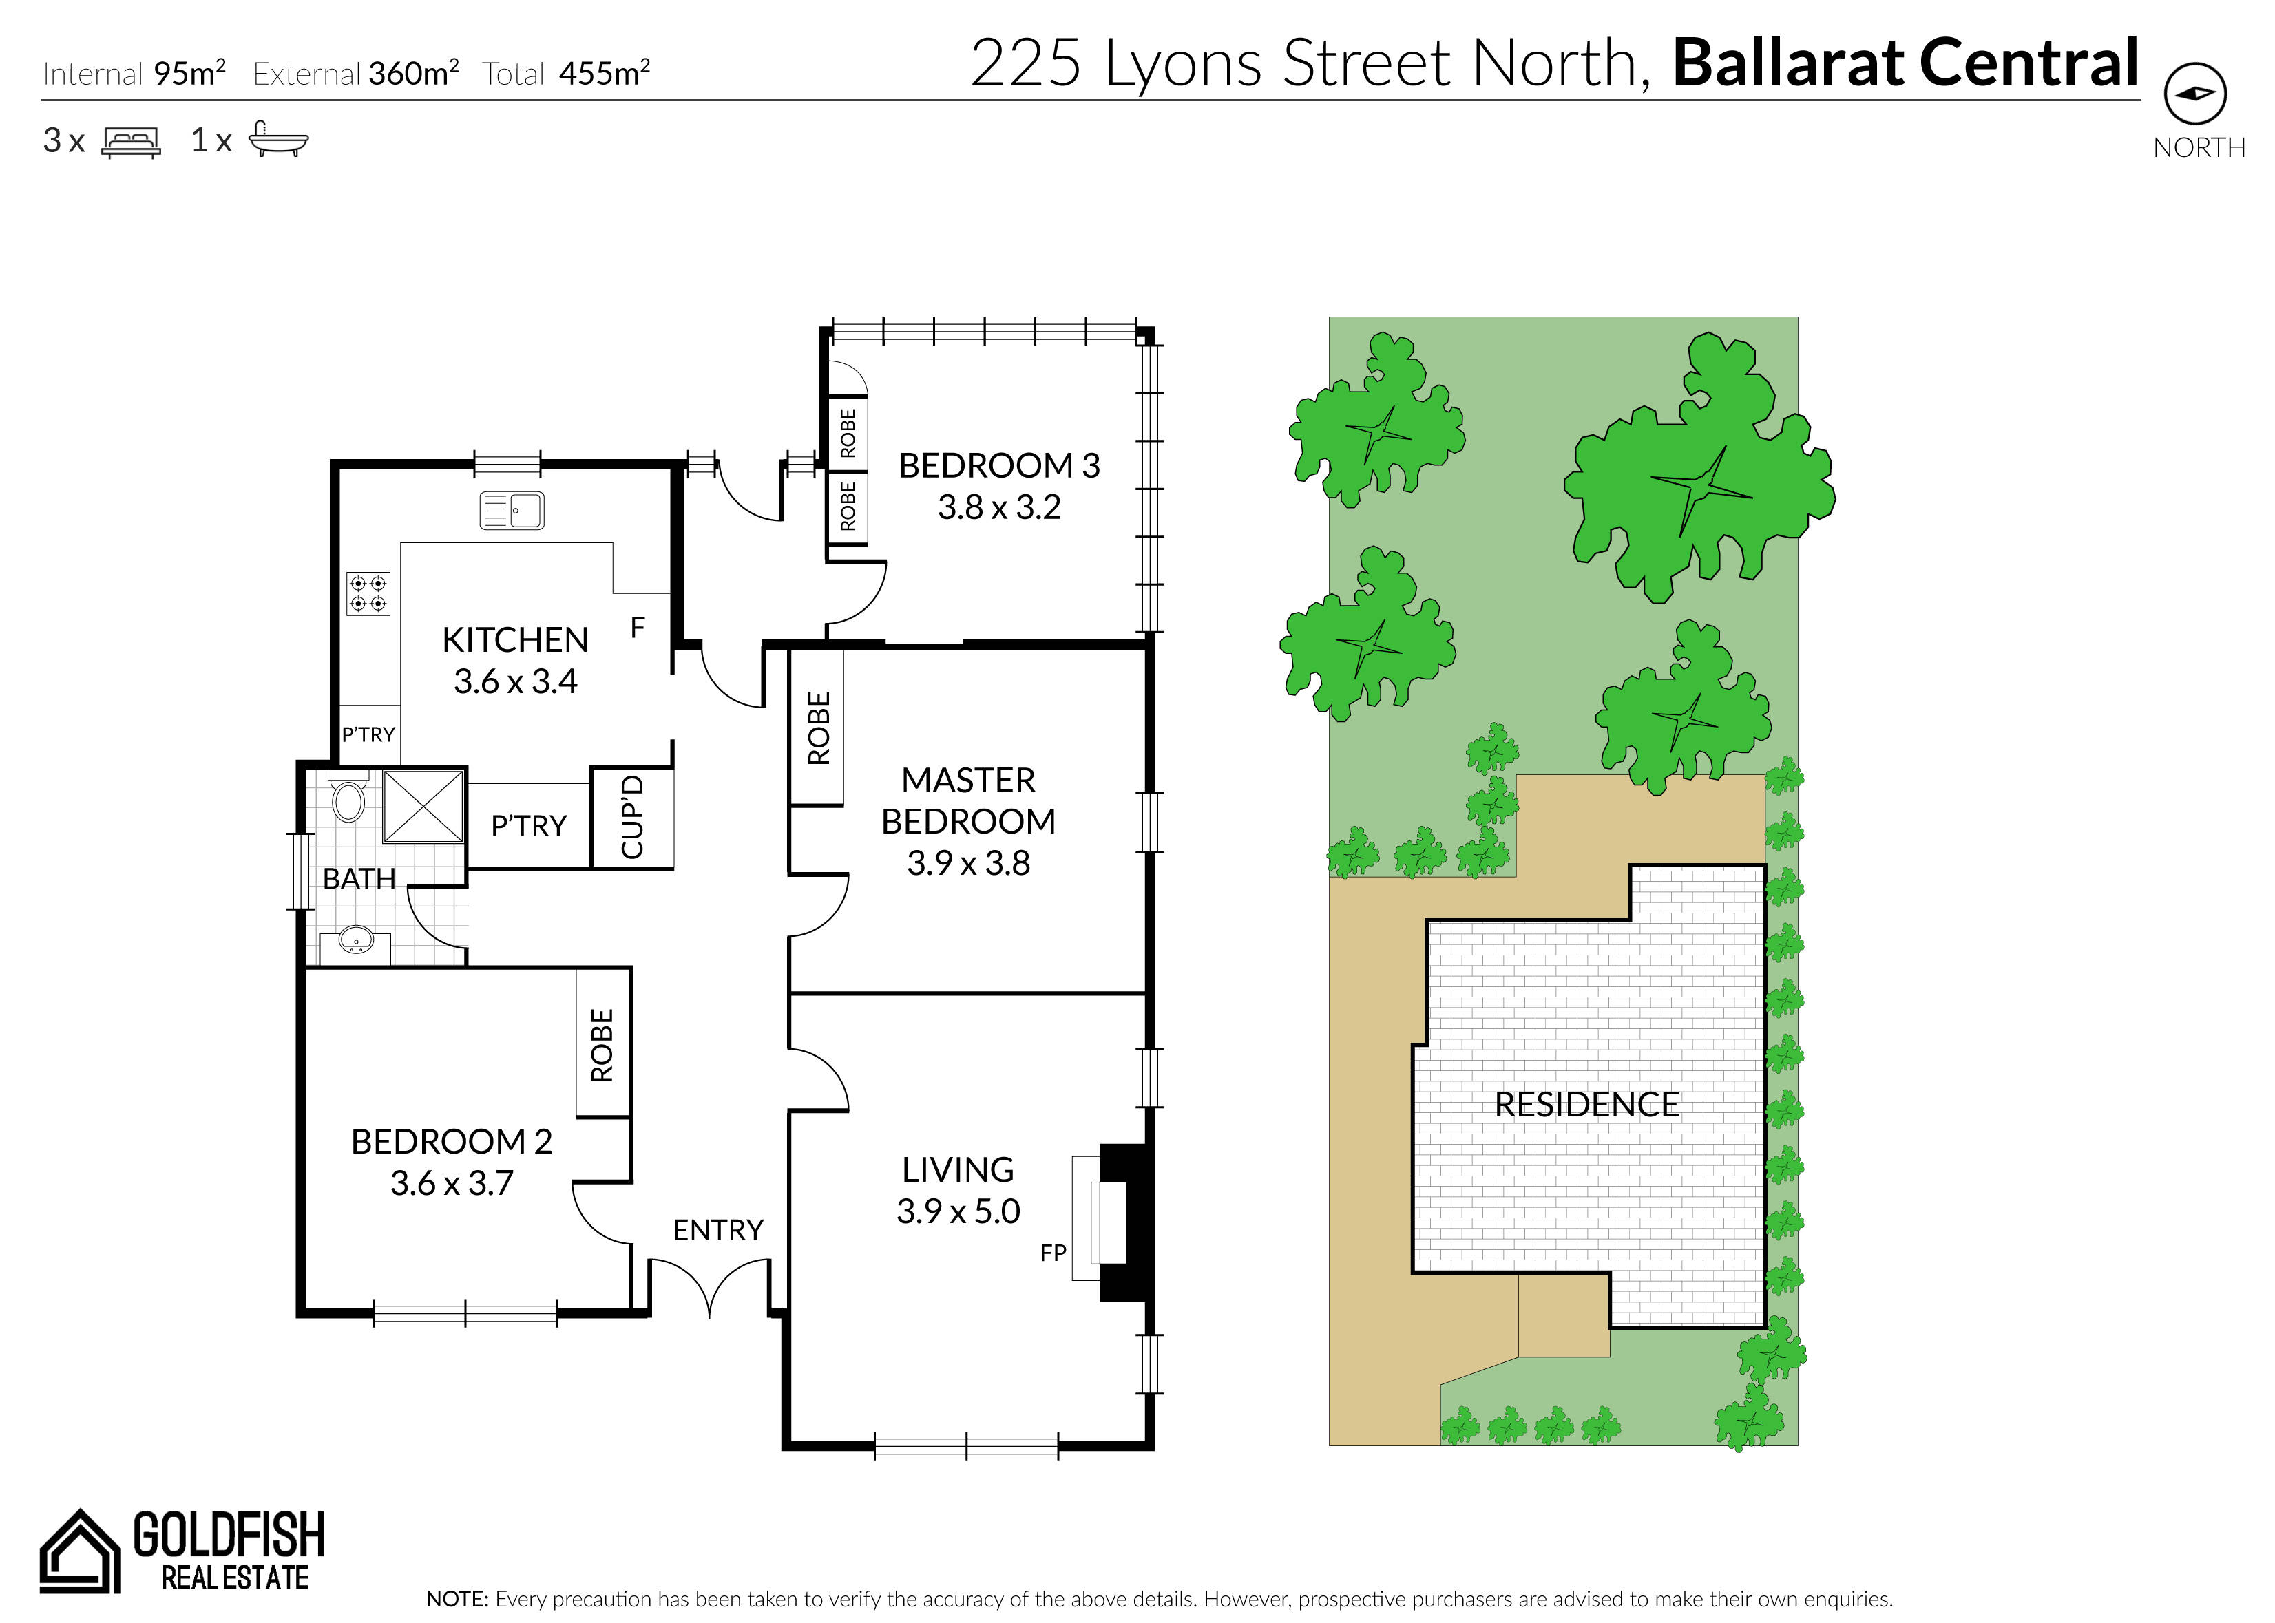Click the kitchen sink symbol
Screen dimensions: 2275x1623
pos(512,510)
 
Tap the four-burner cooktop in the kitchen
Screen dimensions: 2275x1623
pos(368,593)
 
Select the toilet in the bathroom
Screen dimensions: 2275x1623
pos(348,796)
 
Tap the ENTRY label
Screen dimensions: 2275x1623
pos(717,1230)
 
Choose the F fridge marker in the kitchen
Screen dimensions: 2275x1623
pos(638,628)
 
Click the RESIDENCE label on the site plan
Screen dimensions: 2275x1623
pos(1586,1104)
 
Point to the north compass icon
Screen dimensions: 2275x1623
pos(2195,94)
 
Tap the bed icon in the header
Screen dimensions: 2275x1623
pos(131,142)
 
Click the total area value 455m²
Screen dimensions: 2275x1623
pos(605,73)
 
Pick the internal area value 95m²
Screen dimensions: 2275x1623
pos(190,73)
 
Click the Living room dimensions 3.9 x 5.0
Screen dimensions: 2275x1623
pos(958,1211)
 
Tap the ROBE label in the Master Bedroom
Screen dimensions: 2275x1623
pos(819,728)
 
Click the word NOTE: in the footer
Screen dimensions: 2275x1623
pos(457,1599)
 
